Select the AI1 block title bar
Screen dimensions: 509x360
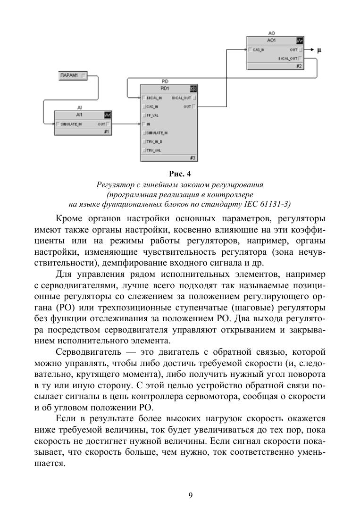pyautogui.click(x=79, y=115)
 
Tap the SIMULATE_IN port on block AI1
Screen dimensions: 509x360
pyautogui.click(x=70, y=124)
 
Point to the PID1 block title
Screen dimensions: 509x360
pyautogui.click(x=165, y=88)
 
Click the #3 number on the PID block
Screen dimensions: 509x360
pyautogui.click(x=193, y=158)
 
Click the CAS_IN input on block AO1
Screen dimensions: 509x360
pyautogui.click(x=258, y=50)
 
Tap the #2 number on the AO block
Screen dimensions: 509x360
pyautogui.click(x=299, y=66)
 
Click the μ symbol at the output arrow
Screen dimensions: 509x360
pyautogui.click(x=319, y=50)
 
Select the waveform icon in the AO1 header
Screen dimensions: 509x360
pyautogui.click(x=299, y=41)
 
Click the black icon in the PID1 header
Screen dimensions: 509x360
pyautogui.click(x=193, y=88)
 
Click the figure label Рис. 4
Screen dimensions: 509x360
pyautogui.click(x=180, y=174)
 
